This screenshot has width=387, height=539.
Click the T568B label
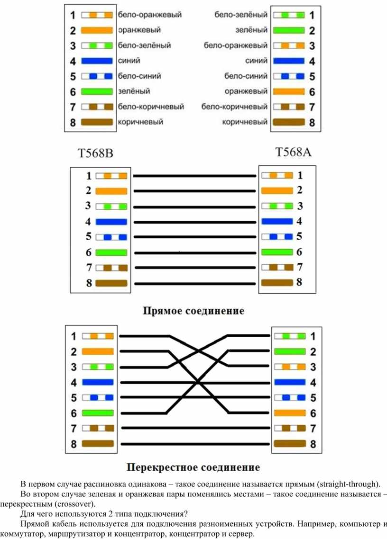pos(96,153)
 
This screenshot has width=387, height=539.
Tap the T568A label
pos(294,152)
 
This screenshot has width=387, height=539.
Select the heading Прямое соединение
pos(193,311)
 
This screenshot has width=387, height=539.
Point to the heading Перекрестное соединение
pos(193,467)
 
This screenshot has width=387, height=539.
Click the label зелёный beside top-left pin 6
pos(134,91)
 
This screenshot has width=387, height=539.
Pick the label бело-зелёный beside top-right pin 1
pos(240,14)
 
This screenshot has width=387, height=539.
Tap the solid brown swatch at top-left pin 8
pos(97,122)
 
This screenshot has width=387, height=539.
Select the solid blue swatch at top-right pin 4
pos(289,61)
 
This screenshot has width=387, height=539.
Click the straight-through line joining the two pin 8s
pos(195,284)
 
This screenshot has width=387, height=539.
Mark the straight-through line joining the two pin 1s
pos(194,176)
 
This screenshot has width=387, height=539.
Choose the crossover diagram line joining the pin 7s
pos(195,428)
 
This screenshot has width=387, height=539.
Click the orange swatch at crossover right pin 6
pos(290,413)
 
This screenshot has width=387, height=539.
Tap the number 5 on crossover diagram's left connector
pos(74,398)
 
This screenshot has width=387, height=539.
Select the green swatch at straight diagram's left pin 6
pos(111,252)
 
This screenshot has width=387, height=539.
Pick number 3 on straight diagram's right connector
pos(300,206)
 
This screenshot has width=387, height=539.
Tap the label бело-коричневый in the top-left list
pos(151,107)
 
